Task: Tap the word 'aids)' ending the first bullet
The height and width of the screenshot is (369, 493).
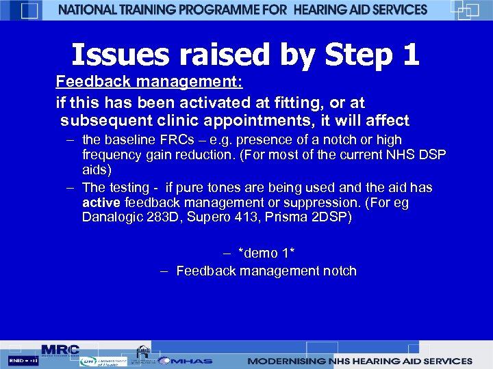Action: click(97, 169)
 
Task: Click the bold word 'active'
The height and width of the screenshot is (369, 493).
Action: click(101, 203)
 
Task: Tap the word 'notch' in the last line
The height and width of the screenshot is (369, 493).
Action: click(338, 271)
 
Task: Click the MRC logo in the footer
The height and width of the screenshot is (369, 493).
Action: click(60, 349)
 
